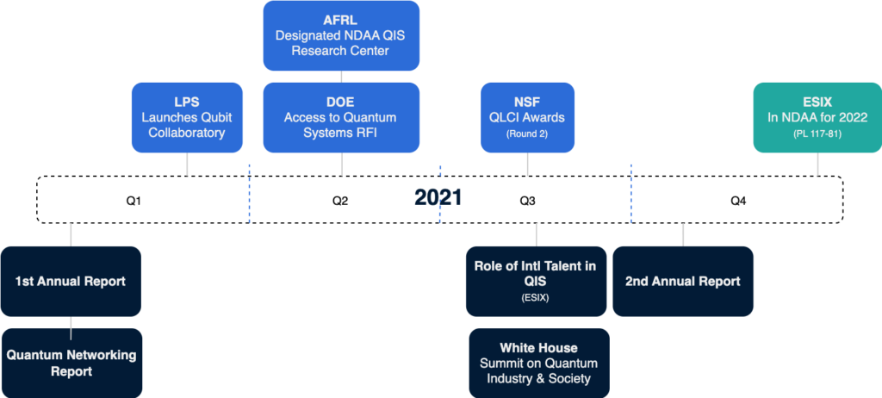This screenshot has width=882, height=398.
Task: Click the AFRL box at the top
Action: click(341, 35)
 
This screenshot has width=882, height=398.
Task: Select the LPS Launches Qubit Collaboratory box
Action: click(187, 117)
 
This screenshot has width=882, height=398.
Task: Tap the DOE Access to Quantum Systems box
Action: click(341, 117)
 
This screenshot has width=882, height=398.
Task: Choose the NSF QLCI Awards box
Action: click(527, 117)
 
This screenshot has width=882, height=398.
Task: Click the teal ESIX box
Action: click(817, 117)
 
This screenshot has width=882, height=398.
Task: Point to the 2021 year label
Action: click(438, 198)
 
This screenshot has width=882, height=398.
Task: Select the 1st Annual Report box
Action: click(71, 282)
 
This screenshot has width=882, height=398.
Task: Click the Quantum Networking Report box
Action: click(71, 363)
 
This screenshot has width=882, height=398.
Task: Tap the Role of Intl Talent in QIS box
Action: click(535, 282)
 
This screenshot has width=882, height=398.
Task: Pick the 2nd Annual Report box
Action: click(682, 282)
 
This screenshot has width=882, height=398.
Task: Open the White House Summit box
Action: click(538, 363)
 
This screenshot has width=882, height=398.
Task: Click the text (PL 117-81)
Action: click(817, 134)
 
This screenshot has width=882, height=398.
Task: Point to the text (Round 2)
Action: click(527, 134)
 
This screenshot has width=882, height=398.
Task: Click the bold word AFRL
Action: click(341, 19)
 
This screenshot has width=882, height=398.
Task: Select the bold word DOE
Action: click(341, 102)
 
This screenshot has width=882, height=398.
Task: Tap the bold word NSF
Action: click(527, 102)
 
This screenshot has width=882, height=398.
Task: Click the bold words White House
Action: click(538, 347)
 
